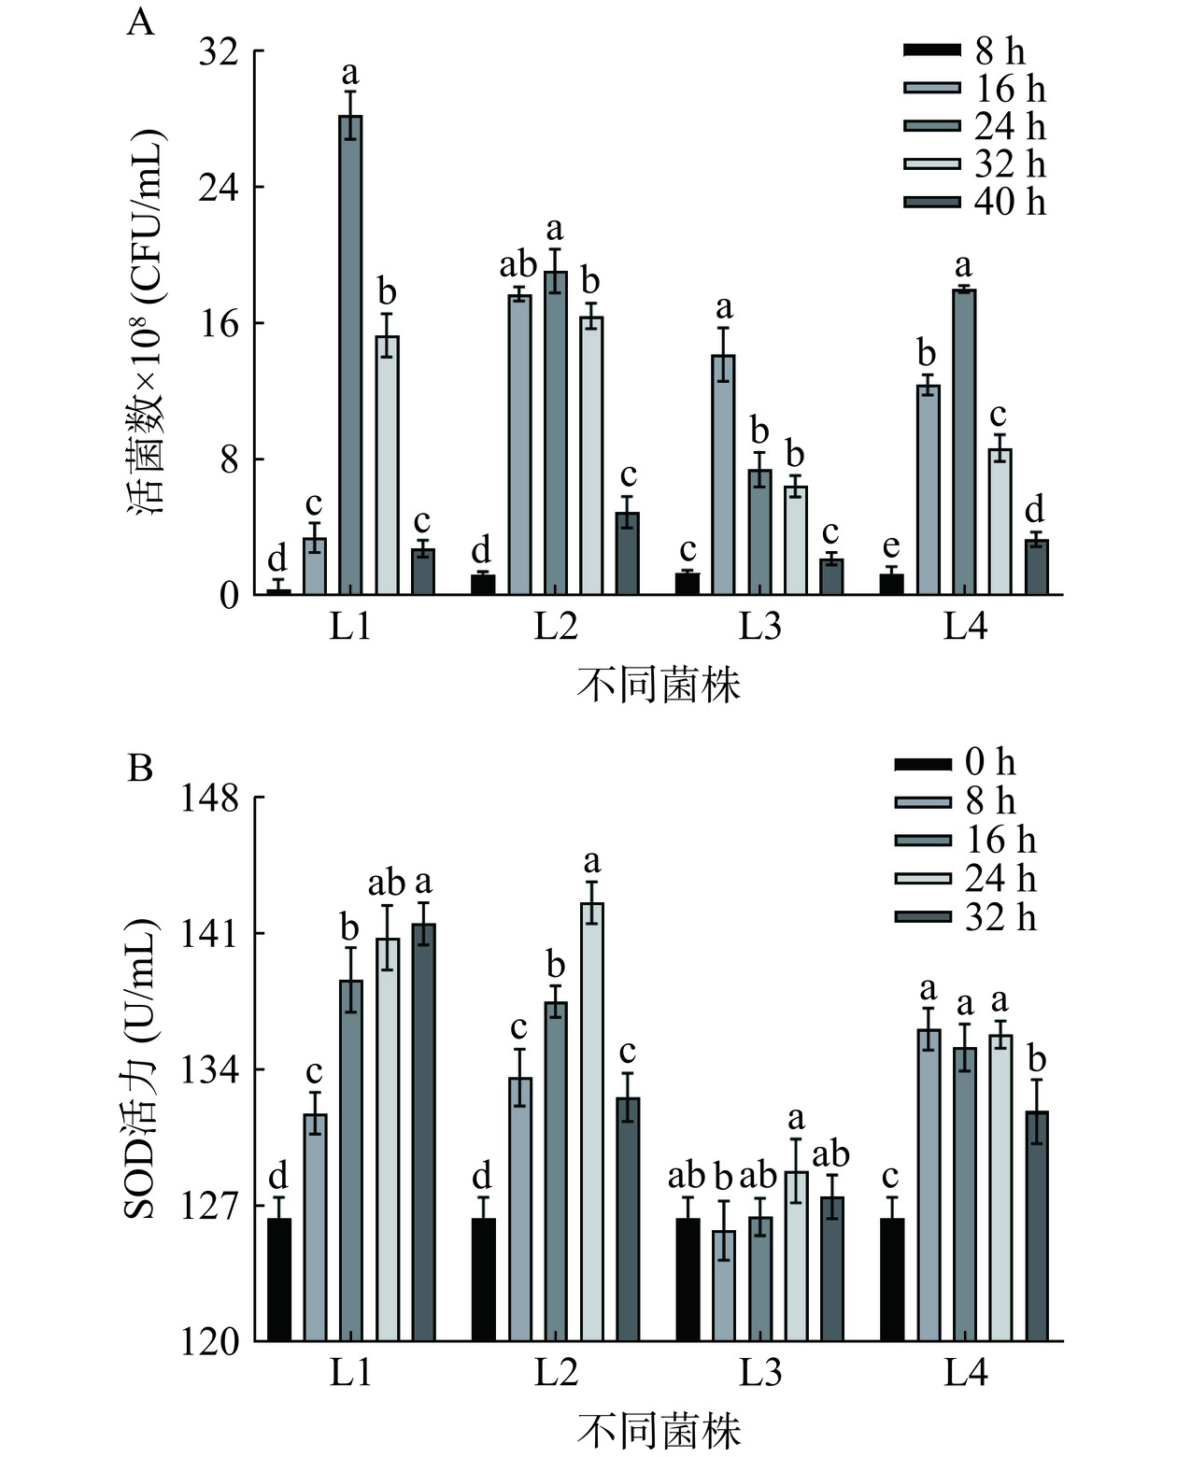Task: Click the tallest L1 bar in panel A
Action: coord(350,355)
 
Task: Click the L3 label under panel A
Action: coord(760,627)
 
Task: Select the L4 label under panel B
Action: coord(965,1373)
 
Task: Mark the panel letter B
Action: coord(140,769)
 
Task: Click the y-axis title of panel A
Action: coord(147,322)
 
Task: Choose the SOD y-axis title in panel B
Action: coord(142,1069)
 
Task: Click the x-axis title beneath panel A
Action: coord(659,686)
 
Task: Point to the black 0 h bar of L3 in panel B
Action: coord(688,1280)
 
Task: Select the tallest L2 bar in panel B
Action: coord(592,1121)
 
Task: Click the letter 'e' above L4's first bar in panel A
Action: coord(891,545)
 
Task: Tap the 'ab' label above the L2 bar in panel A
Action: coord(518,264)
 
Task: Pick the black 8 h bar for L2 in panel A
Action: coord(483,585)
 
